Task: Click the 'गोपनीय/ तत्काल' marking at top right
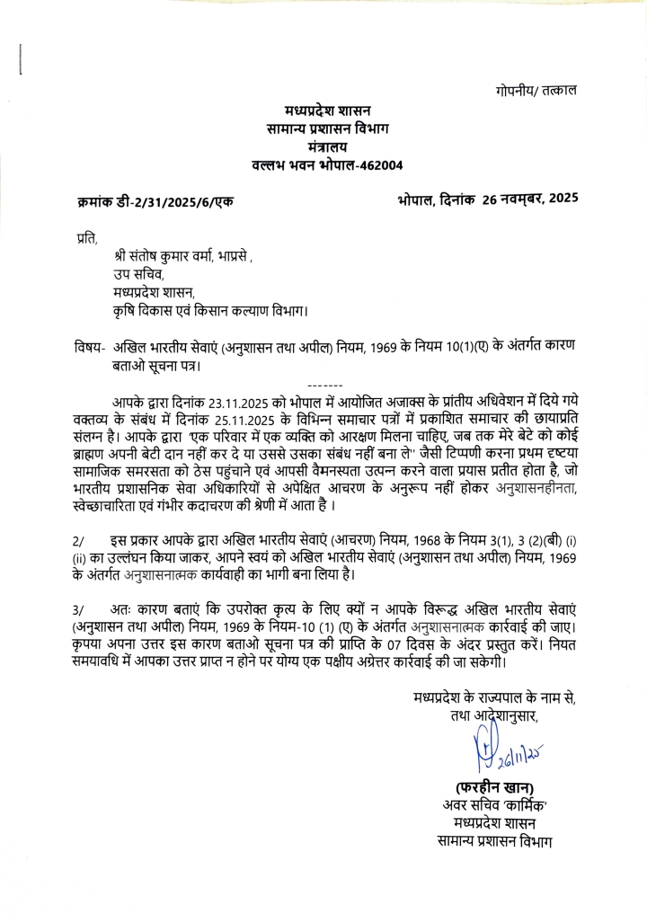(x=536, y=91)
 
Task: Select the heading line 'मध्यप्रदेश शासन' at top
(x=326, y=111)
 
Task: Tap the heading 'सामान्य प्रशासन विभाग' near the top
(x=325, y=129)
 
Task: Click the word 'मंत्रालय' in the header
(x=325, y=146)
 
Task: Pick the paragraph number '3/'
(x=77, y=608)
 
